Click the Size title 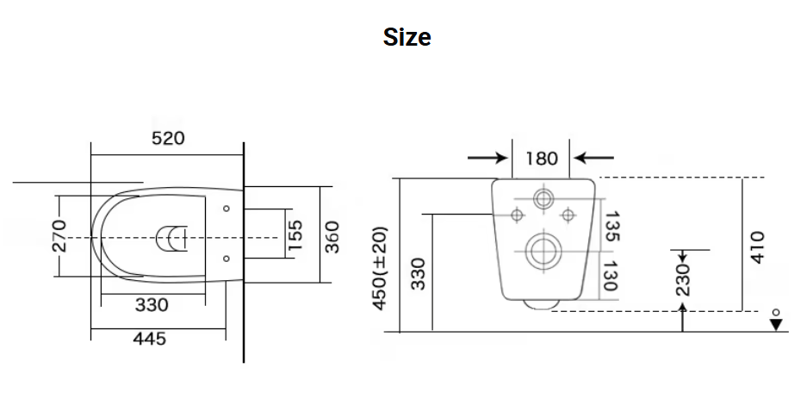407,38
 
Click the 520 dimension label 168,138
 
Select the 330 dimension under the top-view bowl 152,305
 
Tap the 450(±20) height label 380,267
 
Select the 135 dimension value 612,226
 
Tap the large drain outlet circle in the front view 542,252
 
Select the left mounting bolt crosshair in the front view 517,214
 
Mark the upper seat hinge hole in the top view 226,208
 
